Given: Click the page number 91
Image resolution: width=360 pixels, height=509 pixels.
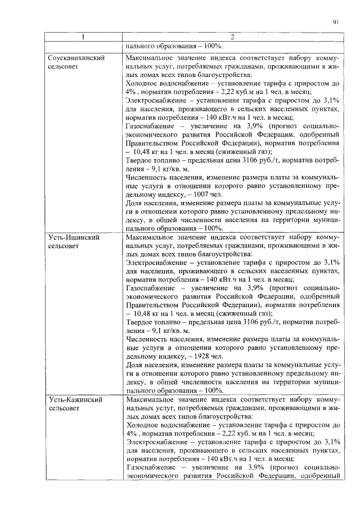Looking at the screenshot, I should [x=335, y=22].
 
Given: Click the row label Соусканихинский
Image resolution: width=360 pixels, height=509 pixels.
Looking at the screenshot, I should [x=74, y=57].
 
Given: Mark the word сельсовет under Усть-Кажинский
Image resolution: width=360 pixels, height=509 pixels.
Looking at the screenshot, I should [x=65, y=409].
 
